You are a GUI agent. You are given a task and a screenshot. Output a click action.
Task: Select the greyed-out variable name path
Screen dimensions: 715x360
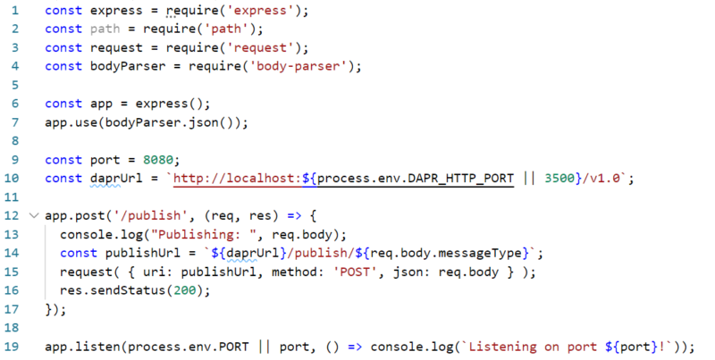pyautogui.click(x=105, y=29)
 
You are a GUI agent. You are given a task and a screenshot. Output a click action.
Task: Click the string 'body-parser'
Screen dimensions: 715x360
pyautogui.click(x=299, y=66)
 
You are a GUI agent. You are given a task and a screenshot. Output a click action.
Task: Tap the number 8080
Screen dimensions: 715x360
pyautogui.click(x=158, y=160)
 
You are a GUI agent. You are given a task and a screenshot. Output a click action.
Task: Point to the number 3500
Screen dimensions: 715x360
pyautogui.click(x=559, y=178)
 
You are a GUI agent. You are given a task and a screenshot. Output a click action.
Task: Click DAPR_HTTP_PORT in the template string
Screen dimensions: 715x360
pyautogui.click(x=460, y=178)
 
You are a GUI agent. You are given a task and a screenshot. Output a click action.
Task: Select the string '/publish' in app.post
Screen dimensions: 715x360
pyautogui.click(x=147, y=215)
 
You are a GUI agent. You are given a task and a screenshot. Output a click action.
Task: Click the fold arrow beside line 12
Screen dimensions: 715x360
pyautogui.click(x=34, y=215)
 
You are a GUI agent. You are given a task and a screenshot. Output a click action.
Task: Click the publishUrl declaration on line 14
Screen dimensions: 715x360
pyautogui.click(x=143, y=253)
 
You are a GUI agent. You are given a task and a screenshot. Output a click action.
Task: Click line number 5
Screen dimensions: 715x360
pyautogui.click(x=15, y=85)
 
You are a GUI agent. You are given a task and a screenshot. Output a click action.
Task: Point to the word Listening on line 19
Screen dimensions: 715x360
pyautogui.click(x=502, y=347)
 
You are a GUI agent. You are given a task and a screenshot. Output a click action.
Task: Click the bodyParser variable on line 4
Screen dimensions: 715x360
pyautogui.click(x=128, y=66)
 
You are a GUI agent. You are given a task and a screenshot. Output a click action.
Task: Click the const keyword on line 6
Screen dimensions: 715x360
pyautogui.click(x=63, y=104)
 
